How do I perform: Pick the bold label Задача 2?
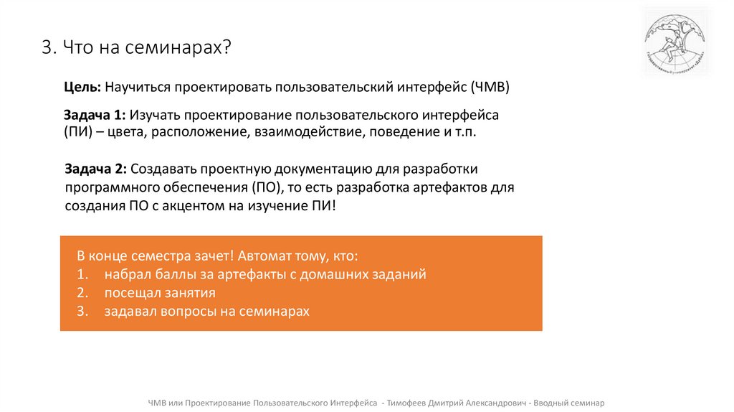(x=95, y=169)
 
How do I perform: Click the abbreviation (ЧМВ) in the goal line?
(x=490, y=88)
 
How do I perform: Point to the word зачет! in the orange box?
(x=213, y=256)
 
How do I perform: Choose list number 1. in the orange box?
(x=82, y=274)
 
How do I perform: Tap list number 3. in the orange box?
(x=82, y=311)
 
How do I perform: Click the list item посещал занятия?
(x=160, y=293)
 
